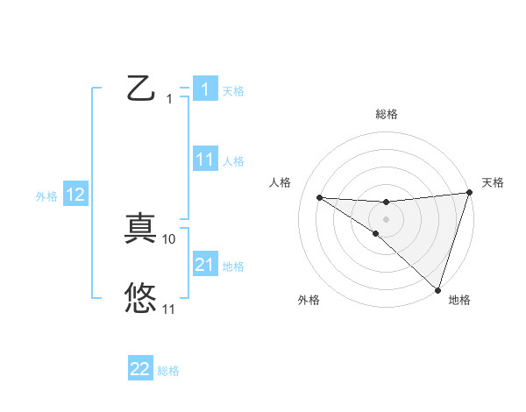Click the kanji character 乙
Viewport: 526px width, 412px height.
[140, 89]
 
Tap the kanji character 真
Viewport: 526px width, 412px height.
[140, 230]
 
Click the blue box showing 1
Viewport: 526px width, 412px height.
[204, 89]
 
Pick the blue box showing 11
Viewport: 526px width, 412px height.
[204, 159]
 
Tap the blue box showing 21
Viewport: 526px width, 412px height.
[204, 264]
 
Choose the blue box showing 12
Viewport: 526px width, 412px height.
[75, 195]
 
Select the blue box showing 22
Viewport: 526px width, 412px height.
[140, 369]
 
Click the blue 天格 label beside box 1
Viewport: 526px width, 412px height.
[233, 90]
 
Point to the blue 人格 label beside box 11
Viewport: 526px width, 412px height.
[233, 161]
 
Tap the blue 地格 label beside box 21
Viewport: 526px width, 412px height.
[233, 266]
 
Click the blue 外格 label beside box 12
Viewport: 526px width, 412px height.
[46, 196]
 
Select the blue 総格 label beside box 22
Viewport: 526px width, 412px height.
[168, 371]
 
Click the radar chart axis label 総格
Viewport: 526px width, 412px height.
[387, 114]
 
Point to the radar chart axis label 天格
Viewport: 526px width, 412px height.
[493, 182]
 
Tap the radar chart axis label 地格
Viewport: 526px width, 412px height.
[459, 300]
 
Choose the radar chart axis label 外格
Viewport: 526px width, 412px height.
[309, 300]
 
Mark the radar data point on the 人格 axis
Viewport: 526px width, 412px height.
[319, 196]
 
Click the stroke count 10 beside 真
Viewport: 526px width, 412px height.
[170, 238]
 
